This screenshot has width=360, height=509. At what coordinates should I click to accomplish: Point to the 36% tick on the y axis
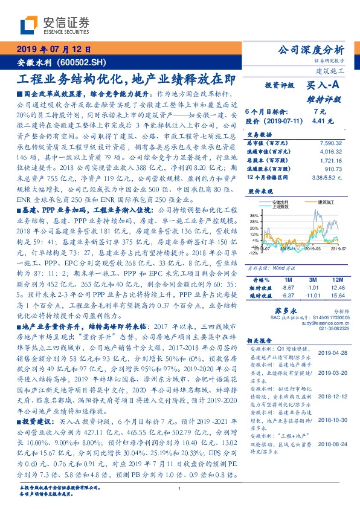(253, 215)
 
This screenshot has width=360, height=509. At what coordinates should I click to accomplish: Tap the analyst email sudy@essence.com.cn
(324, 324)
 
